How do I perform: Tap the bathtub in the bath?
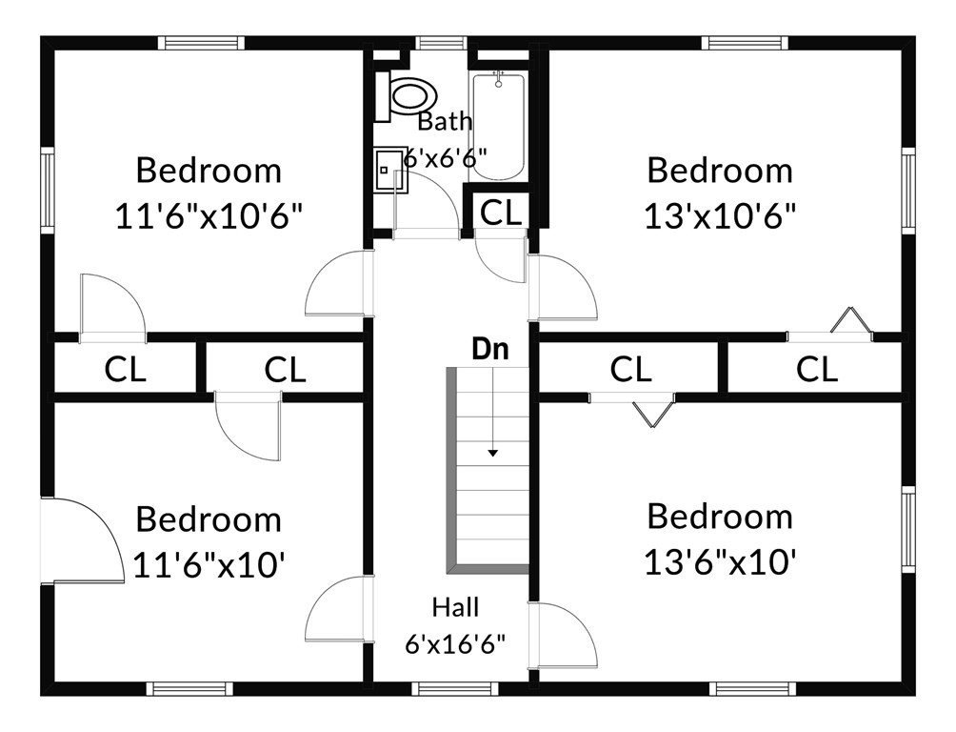498,126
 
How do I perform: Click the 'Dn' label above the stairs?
490,349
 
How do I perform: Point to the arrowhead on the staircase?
492,453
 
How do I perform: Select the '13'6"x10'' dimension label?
720,562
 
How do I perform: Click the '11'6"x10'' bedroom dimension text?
209,564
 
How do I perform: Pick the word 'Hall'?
455,607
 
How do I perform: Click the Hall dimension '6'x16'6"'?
455,643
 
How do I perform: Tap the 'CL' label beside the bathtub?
501,213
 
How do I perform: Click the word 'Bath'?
445,121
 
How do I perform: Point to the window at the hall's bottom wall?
455,689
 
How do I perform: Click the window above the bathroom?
442,43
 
